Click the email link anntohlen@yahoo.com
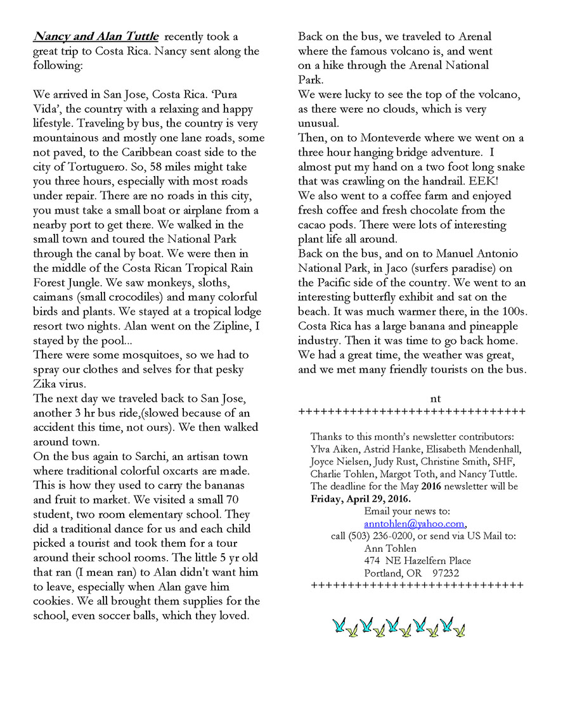[x=415, y=524]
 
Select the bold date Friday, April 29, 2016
[x=361, y=499]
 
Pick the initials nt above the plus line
[x=435, y=399]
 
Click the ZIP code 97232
[x=446, y=573]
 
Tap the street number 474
[x=373, y=561]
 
